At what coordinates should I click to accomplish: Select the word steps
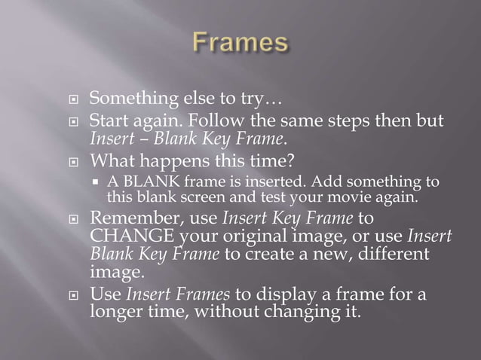(x=360, y=121)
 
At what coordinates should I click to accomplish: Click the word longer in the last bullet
(x=116, y=310)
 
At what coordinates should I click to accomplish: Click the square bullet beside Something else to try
(x=72, y=99)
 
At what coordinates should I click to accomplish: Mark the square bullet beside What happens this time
(x=72, y=161)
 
